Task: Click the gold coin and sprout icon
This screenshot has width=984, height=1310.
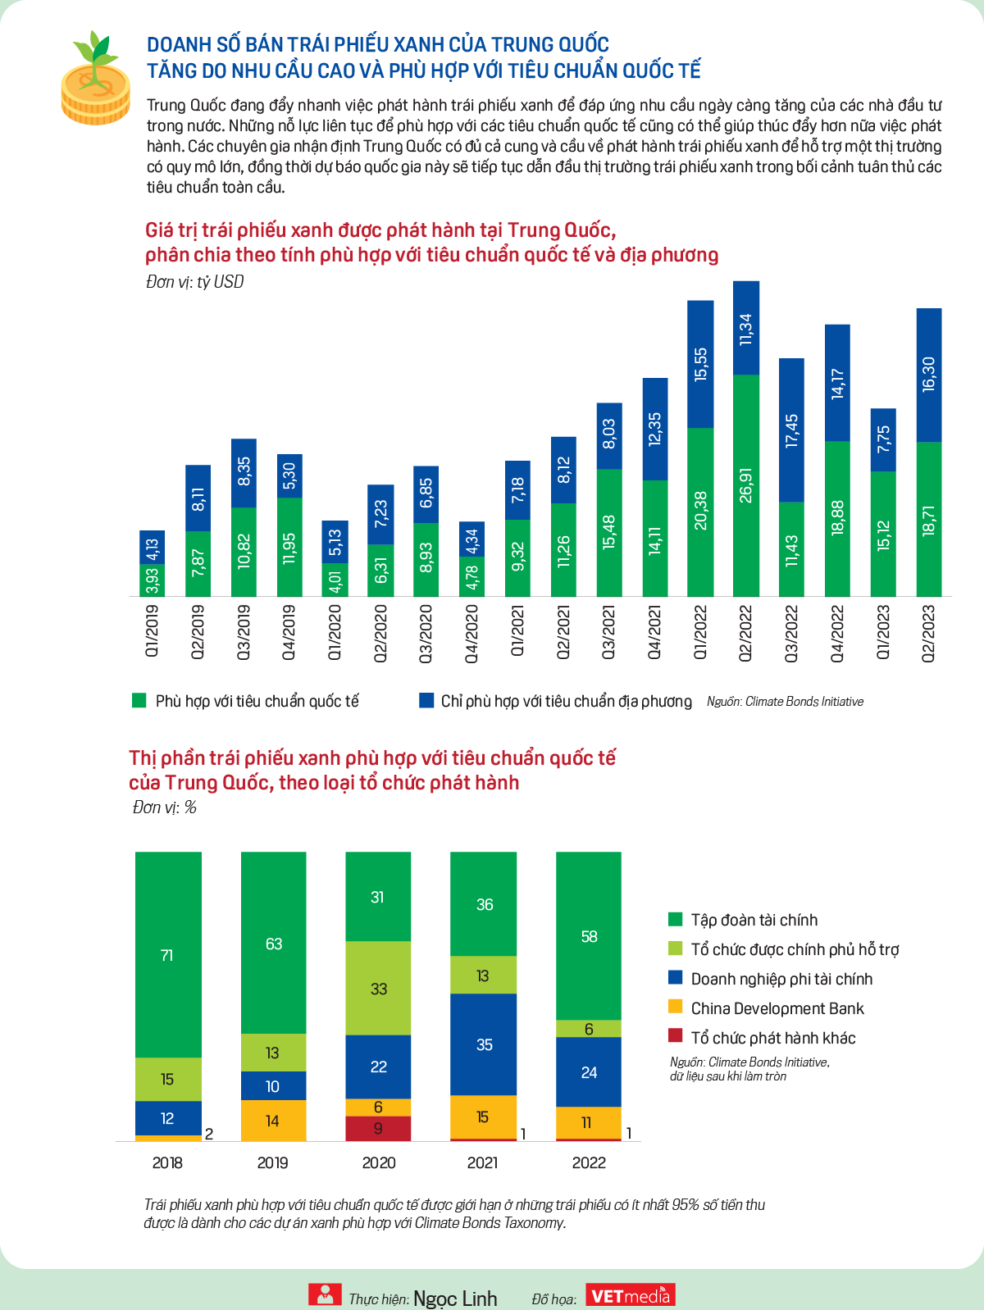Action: tap(95, 78)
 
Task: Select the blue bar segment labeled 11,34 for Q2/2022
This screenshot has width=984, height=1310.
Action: tap(746, 328)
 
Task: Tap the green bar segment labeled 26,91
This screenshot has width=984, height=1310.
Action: tap(746, 485)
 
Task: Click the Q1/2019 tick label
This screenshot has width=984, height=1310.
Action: tap(153, 631)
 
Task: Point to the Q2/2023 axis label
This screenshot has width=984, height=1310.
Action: tap(928, 633)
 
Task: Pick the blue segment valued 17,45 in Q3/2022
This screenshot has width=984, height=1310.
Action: tap(791, 430)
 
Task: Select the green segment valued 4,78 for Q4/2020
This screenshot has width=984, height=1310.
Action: tap(471, 576)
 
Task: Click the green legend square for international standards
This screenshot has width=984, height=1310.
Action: tap(139, 700)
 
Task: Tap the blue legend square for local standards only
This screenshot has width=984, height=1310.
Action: tap(426, 700)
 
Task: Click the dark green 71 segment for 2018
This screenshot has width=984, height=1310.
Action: tap(168, 954)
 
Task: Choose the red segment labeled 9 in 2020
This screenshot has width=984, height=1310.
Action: tap(378, 1128)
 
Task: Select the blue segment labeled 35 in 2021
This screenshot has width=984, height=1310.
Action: tap(483, 1044)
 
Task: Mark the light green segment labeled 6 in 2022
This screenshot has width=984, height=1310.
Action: tap(589, 1028)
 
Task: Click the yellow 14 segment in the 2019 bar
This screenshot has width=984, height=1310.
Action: tap(273, 1120)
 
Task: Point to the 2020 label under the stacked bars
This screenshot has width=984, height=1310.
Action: tap(378, 1163)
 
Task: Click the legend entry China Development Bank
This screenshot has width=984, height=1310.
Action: tap(777, 1008)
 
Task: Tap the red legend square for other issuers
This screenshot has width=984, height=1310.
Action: tap(675, 1035)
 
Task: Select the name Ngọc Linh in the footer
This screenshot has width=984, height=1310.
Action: tap(455, 1298)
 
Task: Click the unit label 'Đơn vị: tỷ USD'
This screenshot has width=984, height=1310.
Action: tap(195, 282)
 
